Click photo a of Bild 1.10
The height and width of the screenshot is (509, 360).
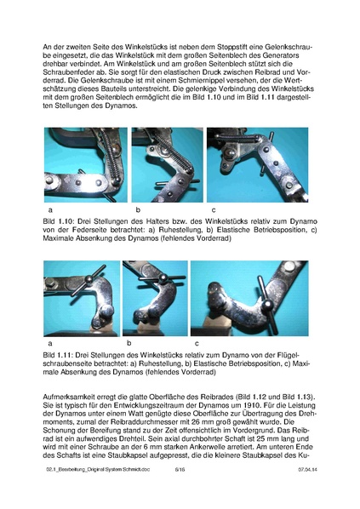pos(86,164)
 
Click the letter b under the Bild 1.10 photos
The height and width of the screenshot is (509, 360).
pos(137,209)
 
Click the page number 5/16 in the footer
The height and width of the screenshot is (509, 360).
pos(180,492)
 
